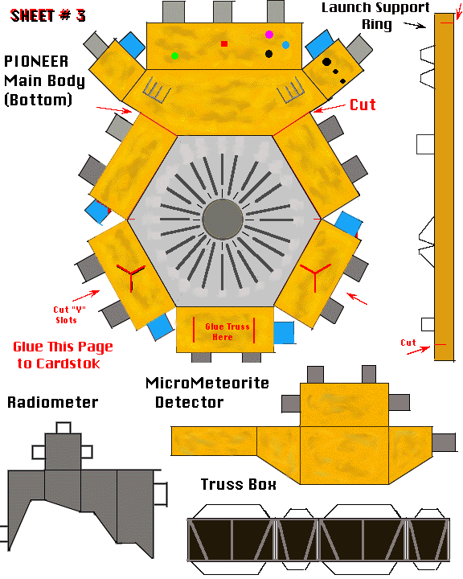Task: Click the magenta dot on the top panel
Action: (269, 35)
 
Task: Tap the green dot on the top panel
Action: (175, 55)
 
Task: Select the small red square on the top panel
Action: (224, 44)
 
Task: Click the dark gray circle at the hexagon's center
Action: (223, 220)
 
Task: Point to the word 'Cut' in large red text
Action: (363, 105)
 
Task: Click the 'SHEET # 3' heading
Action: (47, 15)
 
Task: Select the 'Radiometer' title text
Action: (53, 402)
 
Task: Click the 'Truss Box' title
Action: (239, 484)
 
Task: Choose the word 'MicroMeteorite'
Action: (207, 383)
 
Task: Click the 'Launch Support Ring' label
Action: (376, 16)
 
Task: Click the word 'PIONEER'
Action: (36, 61)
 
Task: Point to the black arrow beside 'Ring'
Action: (415, 25)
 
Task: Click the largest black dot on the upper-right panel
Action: (326, 62)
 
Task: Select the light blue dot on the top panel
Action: (285, 45)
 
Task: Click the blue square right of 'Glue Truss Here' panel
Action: (284, 333)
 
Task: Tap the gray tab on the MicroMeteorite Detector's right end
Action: (444, 442)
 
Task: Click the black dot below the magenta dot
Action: (268, 54)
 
